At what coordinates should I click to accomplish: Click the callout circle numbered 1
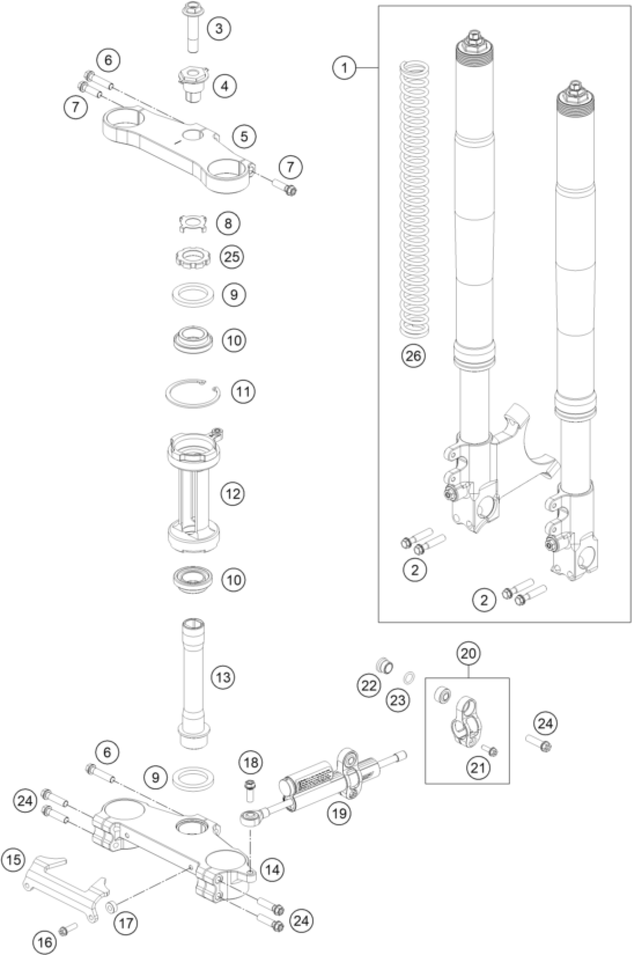344,68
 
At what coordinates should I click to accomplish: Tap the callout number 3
219,29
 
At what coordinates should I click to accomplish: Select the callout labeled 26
413,356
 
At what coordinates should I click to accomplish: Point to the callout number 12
233,493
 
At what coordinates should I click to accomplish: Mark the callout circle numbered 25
232,257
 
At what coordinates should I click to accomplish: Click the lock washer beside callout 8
193,223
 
